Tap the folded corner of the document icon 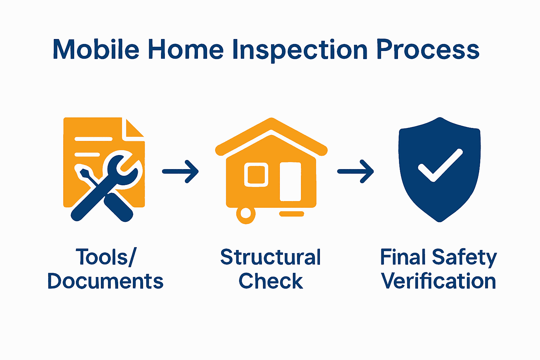pos(134,129)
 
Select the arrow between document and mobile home pos(180,172)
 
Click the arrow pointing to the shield pos(355,172)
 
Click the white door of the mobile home pos(290,181)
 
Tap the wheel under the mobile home pos(245,214)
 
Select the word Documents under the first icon pos(105,281)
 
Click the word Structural pos(270,257)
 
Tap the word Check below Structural pos(270,281)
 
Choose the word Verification pos(438,281)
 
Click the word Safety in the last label pos(464,258)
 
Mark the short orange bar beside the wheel pos(291,214)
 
